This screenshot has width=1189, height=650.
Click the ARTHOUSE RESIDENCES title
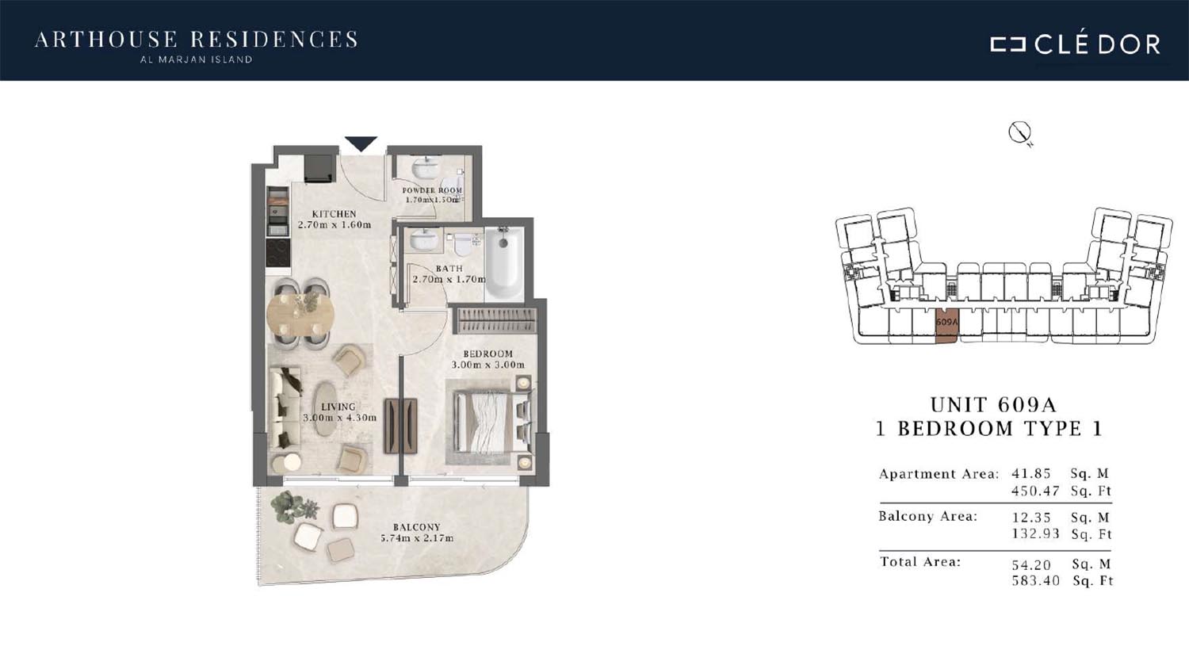(x=197, y=40)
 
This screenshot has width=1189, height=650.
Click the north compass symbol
(x=1020, y=133)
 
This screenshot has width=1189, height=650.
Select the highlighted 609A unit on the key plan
(x=947, y=325)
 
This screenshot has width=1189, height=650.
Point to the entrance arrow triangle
(x=361, y=143)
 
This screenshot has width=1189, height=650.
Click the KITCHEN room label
(x=334, y=214)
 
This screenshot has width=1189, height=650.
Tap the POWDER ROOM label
(x=432, y=190)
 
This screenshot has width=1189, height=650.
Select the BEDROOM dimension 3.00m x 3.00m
(x=487, y=365)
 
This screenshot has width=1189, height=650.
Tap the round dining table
(x=300, y=314)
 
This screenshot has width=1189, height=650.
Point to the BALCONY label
(x=417, y=527)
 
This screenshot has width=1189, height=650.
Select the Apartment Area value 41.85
(x=1030, y=473)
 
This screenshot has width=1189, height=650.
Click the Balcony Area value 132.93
(x=1035, y=533)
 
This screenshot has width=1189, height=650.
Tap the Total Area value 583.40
(x=1035, y=580)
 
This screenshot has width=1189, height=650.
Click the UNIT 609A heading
(x=993, y=405)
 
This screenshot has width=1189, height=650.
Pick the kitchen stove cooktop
(x=277, y=253)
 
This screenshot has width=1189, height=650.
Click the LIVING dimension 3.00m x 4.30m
(x=340, y=418)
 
